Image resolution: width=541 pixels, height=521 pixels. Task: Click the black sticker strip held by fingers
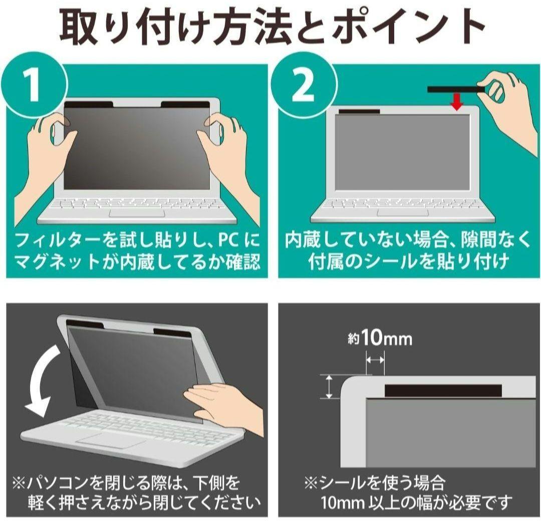coord(453,90)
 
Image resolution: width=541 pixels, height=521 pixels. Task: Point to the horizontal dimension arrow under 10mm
coord(375,360)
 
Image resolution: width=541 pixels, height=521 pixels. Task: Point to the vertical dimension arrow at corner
coord(329,387)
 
